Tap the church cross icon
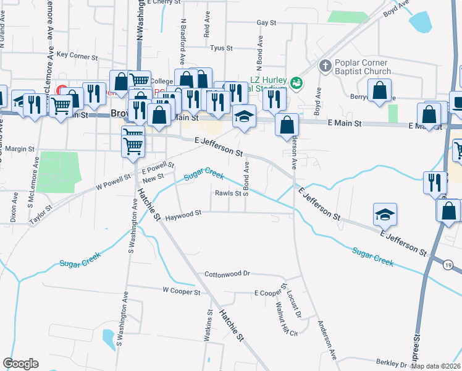click(325, 66)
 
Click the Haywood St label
click(183, 213)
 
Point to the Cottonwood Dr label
click(227, 273)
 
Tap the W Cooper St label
click(182, 291)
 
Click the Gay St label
click(266, 22)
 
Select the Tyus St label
click(220, 48)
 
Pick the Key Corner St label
click(77, 55)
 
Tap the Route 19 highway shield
click(447, 265)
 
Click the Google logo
click(20, 364)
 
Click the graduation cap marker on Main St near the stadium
click(244, 116)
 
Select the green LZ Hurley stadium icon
click(296, 82)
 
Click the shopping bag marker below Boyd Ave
click(380, 90)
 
